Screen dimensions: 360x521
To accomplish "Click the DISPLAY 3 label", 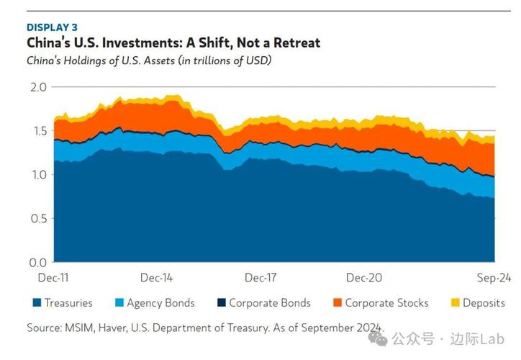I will click(x=53, y=27).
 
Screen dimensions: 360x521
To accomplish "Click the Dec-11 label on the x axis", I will click(x=54, y=277).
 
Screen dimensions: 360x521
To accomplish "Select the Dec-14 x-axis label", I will click(x=156, y=277).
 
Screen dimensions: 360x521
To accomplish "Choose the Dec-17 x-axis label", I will click(x=260, y=277).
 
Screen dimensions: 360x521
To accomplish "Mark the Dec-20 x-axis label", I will click(x=363, y=277).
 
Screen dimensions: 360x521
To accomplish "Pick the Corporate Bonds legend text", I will click(x=269, y=303).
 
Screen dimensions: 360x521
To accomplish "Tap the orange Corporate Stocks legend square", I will click(x=336, y=303).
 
